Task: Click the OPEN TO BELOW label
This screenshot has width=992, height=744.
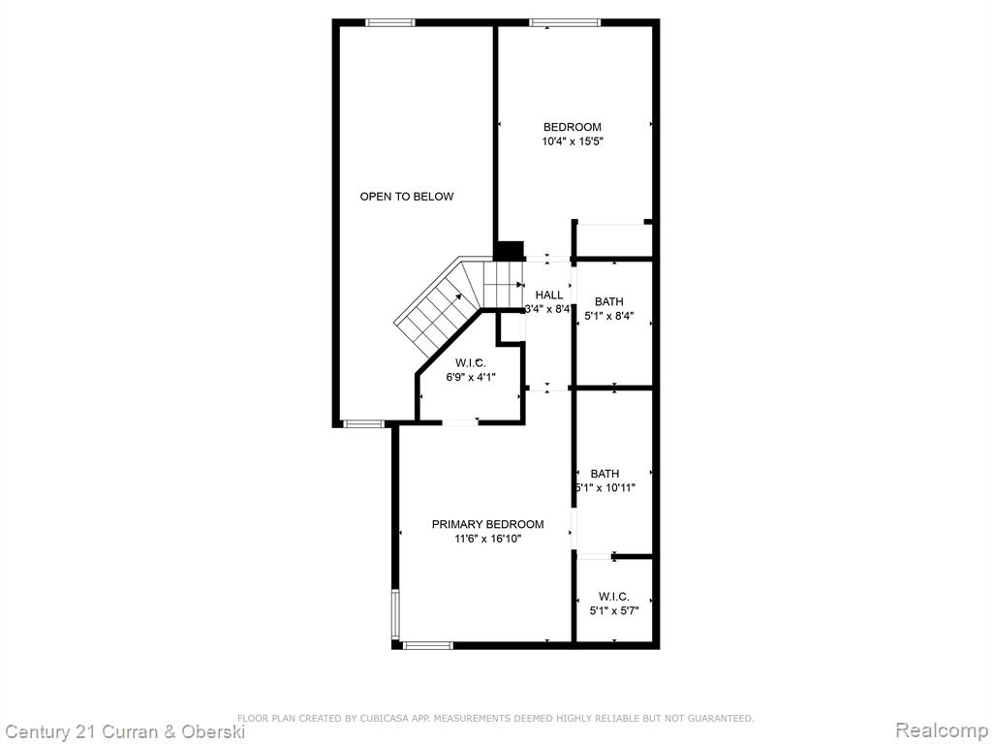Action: click(407, 196)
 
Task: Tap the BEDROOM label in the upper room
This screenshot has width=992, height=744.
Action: click(573, 127)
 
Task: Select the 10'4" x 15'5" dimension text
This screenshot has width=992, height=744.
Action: click(573, 141)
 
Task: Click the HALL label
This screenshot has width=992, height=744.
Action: click(549, 294)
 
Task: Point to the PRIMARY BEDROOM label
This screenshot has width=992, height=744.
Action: click(488, 524)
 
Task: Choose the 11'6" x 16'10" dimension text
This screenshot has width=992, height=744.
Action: click(488, 539)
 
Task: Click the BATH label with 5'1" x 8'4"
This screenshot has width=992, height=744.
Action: click(608, 302)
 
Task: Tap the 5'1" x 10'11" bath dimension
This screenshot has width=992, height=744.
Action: click(605, 488)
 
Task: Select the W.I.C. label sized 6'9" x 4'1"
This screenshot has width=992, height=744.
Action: click(471, 363)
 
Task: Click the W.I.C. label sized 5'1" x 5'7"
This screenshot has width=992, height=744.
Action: click(613, 597)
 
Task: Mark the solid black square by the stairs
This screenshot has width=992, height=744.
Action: click(509, 251)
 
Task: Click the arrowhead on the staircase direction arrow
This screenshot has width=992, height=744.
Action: click(457, 296)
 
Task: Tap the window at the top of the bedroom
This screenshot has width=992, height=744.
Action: click(565, 23)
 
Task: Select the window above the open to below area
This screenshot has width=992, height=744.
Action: click(389, 23)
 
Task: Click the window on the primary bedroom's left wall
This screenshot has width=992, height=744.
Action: click(395, 613)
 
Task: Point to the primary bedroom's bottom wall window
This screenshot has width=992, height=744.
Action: click(428, 645)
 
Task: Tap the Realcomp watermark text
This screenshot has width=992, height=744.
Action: click(942, 730)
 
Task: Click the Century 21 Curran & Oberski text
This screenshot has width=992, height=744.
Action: click(124, 732)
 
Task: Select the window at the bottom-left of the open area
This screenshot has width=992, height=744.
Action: click(364, 424)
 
